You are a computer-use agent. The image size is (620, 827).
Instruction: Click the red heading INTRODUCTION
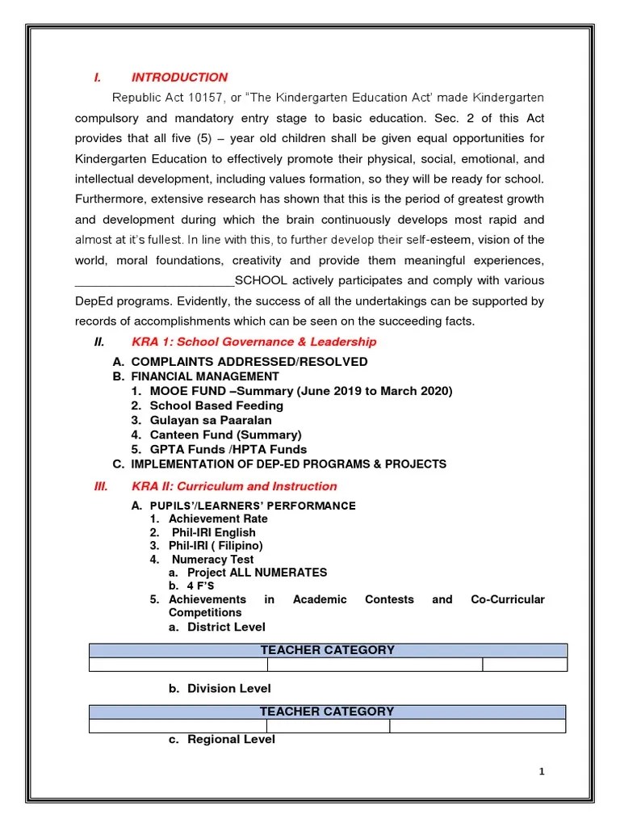coord(179,78)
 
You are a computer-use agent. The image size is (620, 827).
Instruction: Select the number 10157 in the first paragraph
coord(210,98)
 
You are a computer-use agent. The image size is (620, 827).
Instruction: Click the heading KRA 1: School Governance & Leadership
coord(253,342)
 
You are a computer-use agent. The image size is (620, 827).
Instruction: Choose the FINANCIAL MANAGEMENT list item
coord(205,376)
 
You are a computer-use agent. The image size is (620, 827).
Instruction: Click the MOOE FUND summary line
coord(300,391)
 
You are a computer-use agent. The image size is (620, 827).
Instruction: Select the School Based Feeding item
coord(216,405)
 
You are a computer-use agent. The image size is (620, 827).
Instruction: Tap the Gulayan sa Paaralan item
coord(211,420)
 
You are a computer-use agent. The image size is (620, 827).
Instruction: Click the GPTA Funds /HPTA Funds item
coord(228,449)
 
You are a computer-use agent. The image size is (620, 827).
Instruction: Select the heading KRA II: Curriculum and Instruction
coord(234,486)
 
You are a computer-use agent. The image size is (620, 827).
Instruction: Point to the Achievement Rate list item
coord(218,518)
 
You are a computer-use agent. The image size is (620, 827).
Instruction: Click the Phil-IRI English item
coord(213,532)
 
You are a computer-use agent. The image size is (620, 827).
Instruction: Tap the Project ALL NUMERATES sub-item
coord(257,573)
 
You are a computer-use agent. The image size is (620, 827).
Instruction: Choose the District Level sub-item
coord(226,627)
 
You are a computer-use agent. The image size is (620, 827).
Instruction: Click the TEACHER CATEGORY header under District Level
coord(327,650)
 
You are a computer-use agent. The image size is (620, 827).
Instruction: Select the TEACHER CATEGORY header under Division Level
coord(327,712)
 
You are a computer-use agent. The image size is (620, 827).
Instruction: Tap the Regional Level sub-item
coord(231,739)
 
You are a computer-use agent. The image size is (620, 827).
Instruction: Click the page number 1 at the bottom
coord(542,772)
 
